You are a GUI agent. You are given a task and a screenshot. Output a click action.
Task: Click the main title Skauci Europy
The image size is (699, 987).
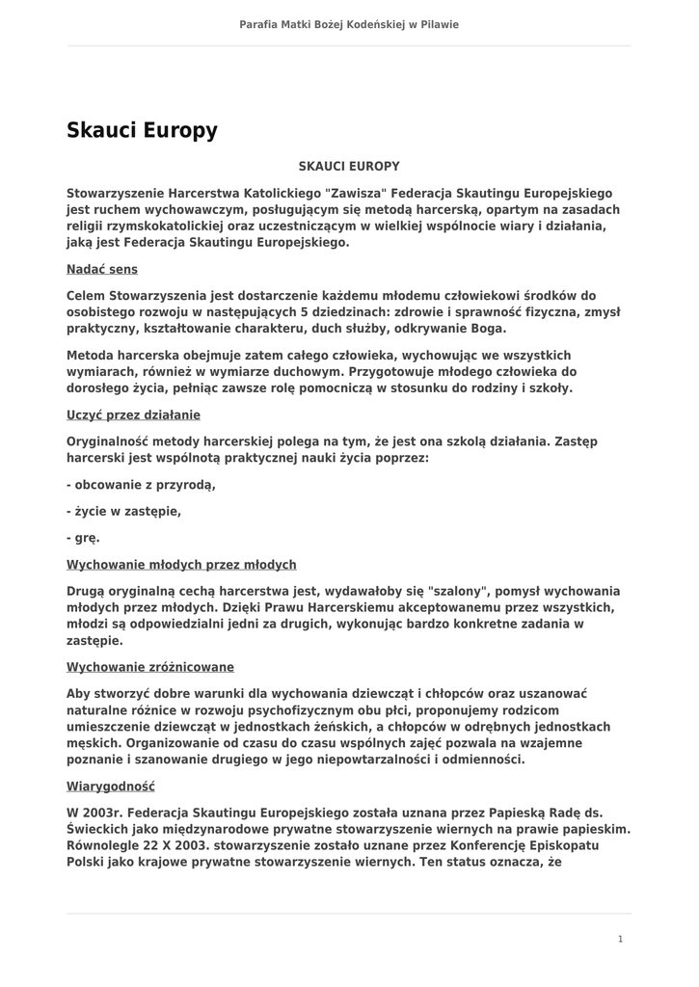(x=142, y=130)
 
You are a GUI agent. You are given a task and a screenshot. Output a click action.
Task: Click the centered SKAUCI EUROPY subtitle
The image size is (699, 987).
(x=349, y=167)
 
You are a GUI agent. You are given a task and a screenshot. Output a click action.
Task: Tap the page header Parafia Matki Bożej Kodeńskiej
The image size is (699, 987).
(x=349, y=24)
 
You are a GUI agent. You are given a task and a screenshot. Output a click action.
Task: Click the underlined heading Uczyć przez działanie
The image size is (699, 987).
(x=133, y=414)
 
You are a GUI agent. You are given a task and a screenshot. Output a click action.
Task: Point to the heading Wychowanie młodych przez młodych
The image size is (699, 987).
(x=181, y=565)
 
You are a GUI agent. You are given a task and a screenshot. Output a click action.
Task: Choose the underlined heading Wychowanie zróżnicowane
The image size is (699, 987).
(x=150, y=667)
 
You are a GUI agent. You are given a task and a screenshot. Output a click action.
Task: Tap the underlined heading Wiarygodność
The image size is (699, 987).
(x=111, y=787)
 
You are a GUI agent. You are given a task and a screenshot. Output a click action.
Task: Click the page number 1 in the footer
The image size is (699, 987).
(x=620, y=939)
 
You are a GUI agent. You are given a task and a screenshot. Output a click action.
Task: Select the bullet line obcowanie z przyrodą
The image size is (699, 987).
(x=141, y=484)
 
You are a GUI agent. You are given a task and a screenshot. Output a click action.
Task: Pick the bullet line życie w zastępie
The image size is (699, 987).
(x=124, y=511)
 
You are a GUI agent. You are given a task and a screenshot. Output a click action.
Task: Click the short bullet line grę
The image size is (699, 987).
(x=83, y=538)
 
